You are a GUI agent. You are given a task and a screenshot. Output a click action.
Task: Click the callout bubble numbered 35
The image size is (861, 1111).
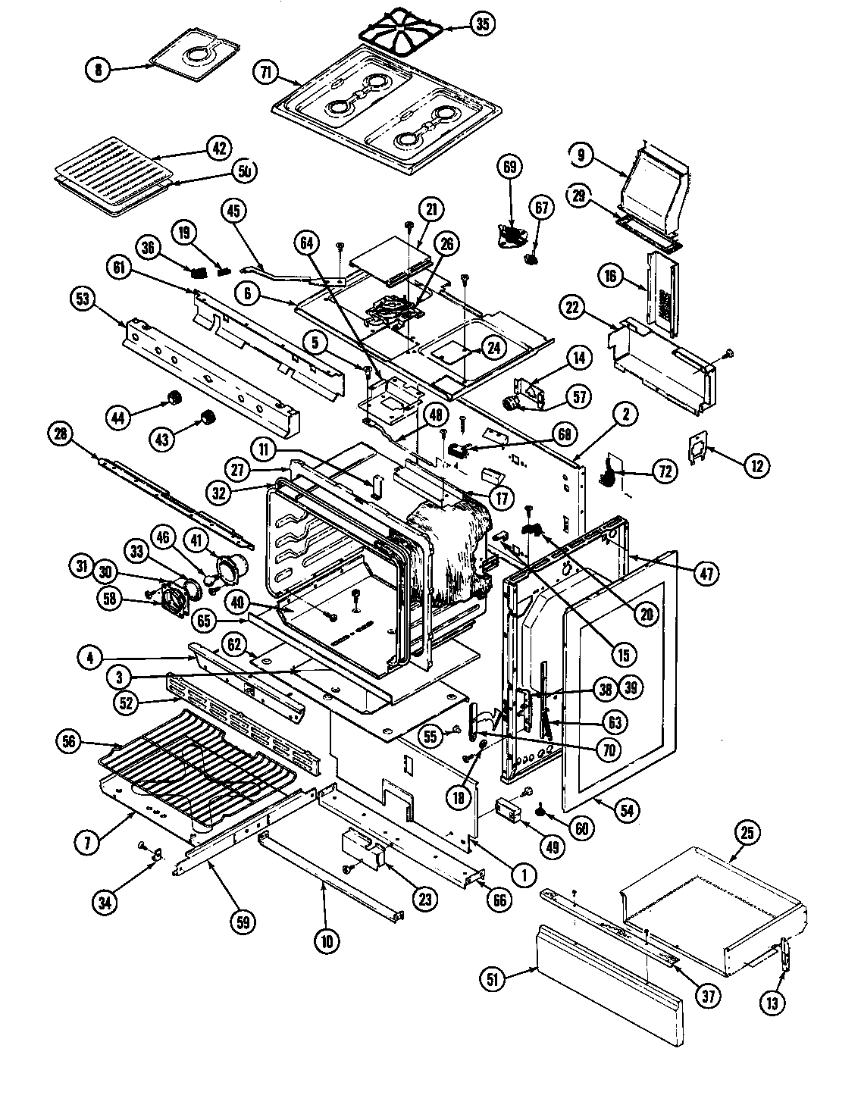(x=481, y=24)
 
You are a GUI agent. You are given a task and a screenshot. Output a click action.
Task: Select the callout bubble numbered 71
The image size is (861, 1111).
(x=265, y=73)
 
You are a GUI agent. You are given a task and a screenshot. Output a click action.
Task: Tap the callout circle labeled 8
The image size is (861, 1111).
(x=97, y=70)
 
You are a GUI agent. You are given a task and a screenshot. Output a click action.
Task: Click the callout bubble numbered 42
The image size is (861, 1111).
(x=219, y=149)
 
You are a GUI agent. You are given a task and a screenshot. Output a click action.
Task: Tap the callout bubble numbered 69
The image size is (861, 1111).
(x=509, y=166)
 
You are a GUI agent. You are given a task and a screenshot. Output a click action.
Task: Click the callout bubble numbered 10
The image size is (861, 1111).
(x=327, y=941)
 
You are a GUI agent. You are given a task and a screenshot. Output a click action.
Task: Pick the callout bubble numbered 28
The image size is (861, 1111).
(x=60, y=434)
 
